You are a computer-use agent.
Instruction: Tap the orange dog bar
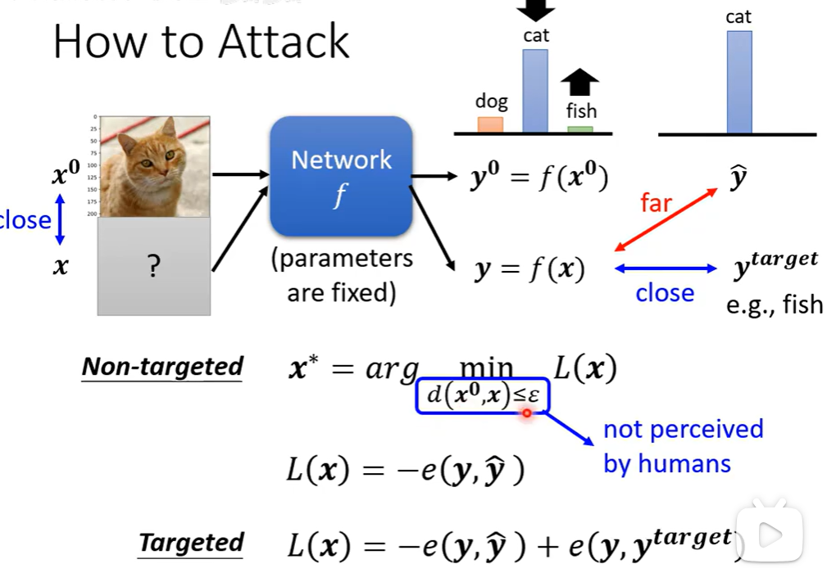coord(490,124)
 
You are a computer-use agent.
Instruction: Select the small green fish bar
coord(580,129)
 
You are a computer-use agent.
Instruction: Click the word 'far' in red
coord(656,202)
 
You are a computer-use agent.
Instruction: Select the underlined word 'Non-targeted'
coord(162,367)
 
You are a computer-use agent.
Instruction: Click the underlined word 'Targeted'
coord(191,543)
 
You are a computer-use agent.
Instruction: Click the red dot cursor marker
coord(526,413)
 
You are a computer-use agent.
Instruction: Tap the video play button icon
coord(769,535)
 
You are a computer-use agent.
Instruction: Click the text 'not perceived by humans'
coord(682,446)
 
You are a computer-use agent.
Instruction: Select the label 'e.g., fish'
coord(774,305)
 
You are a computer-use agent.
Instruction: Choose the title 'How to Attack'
coord(202,42)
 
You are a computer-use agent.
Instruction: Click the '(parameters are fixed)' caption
coord(342,276)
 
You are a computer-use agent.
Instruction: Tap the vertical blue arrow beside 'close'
coord(59,219)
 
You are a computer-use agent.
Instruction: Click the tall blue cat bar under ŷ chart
coord(738,82)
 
